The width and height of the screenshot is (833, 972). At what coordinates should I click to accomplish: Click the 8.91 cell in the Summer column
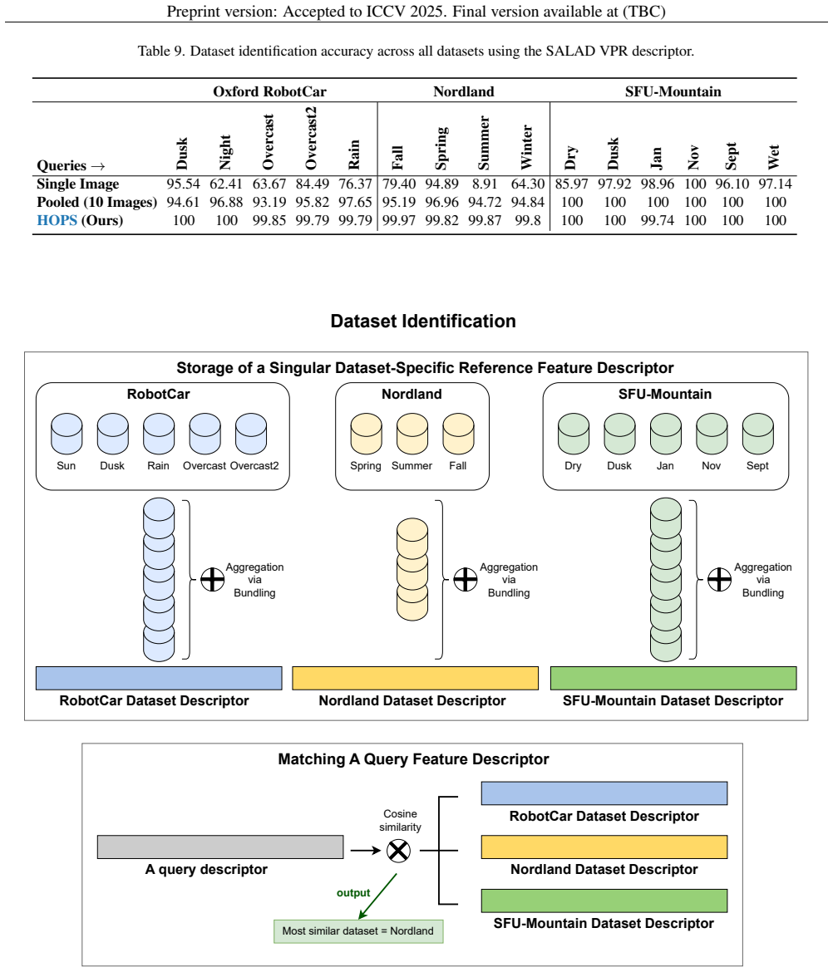pos(485,184)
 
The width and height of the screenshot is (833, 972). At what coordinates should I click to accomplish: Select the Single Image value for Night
pos(226,184)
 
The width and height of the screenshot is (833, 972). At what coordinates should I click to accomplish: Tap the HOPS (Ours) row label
pos(80,221)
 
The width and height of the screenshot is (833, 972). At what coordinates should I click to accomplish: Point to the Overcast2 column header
pos(311,138)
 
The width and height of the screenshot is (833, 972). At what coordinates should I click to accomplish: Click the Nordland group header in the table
pos(463,91)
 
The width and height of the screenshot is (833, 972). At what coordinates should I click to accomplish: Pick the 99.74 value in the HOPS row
pos(657,221)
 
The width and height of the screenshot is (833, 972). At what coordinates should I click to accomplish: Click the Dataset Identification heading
pos(423,322)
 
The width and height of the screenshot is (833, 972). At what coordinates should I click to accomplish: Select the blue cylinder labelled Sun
pos(67,434)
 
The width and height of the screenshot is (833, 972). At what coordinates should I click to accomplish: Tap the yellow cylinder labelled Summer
pos(412,434)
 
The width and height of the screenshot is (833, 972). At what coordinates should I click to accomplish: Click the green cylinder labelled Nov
pos(712,434)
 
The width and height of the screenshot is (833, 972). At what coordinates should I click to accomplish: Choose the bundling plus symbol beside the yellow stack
pos(466,580)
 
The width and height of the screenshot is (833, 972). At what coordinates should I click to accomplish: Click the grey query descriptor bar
pos(220,847)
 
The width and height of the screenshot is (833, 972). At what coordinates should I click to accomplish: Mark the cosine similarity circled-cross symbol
pos(398,851)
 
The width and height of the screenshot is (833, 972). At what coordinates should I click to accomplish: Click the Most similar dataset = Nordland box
pos(358,931)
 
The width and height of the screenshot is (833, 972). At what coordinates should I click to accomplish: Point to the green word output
pos(353,893)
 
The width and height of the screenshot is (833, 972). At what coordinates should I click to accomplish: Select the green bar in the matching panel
pos(604,901)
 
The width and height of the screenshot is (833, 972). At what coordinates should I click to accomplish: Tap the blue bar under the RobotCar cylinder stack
pos(159,678)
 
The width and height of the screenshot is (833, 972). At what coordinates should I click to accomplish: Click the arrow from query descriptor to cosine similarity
pos(366,851)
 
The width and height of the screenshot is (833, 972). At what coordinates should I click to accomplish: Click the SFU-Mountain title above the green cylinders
pos(665,395)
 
